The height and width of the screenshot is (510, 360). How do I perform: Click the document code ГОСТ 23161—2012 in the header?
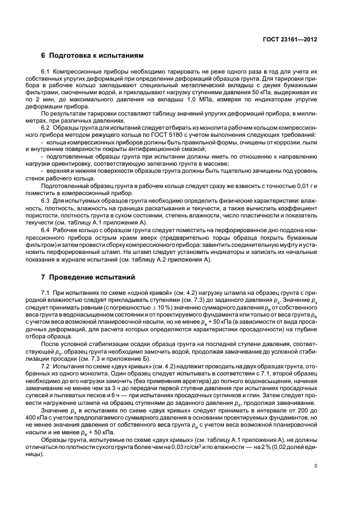click(290, 40)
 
